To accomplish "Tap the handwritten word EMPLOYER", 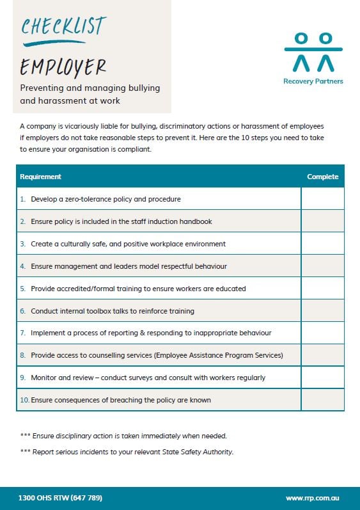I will coord(63,66).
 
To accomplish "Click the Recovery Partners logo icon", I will coord(313,52).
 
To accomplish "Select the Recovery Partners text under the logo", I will coord(313,81).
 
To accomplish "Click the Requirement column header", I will coord(41,177).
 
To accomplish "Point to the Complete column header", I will coord(322,177).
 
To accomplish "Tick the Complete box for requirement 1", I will coord(322,199).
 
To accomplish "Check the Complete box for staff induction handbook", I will coord(322,221).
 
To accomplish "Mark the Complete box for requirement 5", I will coord(322,289).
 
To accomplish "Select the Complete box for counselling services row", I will coord(322,355).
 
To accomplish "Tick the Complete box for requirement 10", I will coord(322,400).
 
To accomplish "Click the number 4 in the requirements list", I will coord(23,266).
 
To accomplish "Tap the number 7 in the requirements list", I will coord(23,333).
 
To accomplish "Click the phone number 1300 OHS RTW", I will coord(60,498).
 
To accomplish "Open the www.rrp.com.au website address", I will coord(313,498).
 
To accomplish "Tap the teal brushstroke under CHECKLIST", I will coord(54,44).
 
